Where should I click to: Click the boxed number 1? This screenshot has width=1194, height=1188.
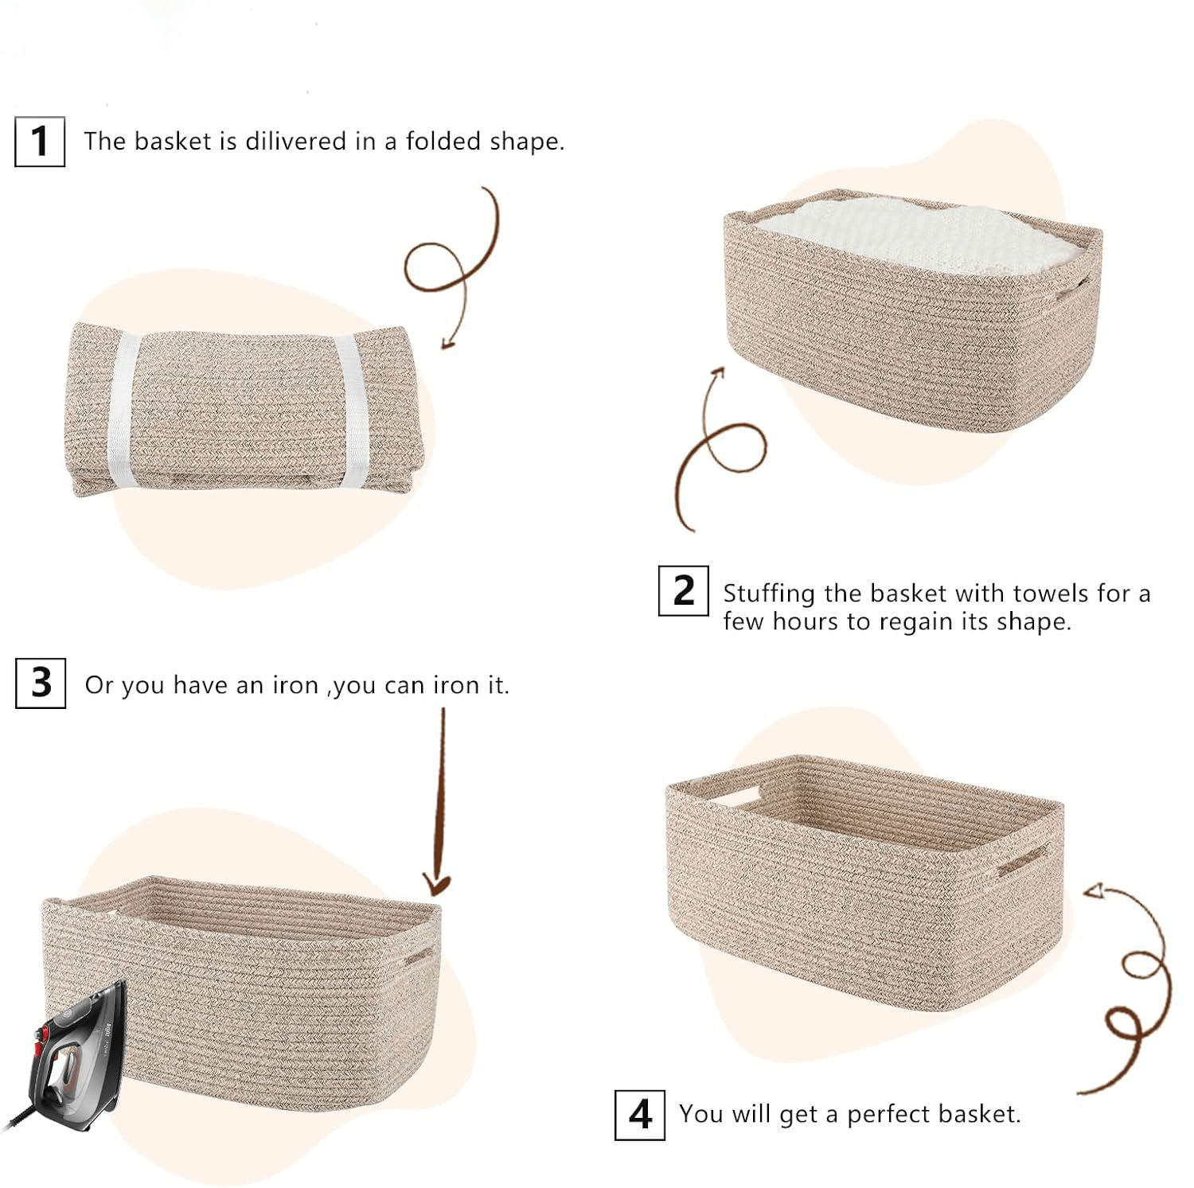click(40, 142)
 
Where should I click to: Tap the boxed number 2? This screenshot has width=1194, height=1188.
click(683, 590)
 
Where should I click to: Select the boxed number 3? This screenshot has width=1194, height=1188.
click(41, 683)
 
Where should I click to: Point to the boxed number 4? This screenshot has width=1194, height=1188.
click(640, 1115)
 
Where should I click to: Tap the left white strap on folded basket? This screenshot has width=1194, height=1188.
click(123, 411)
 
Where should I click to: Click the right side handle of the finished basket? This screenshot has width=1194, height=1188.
click(1023, 861)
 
